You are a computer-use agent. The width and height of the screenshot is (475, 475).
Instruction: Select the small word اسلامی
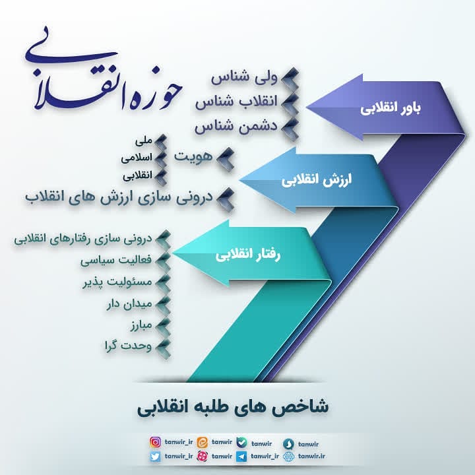pos(137,159)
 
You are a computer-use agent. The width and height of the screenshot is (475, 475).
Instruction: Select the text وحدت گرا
pos(127,346)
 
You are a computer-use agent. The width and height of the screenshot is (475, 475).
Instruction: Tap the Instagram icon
pos(156,442)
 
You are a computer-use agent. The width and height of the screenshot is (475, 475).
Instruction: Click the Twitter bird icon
pos(156,456)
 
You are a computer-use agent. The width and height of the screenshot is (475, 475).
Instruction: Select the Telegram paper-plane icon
pos(241,456)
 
